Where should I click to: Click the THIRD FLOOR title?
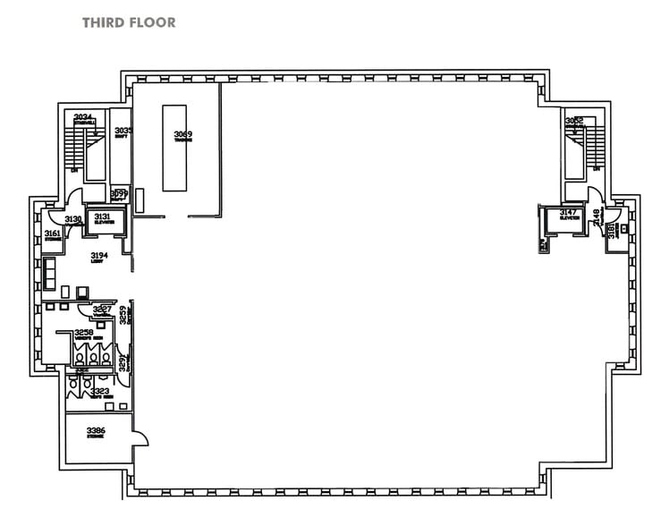(x=129, y=21)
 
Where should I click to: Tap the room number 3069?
(x=182, y=135)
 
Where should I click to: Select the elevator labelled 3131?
(x=102, y=220)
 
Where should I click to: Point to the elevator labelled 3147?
(x=568, y=216)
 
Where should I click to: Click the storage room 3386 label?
(x=97, y=433)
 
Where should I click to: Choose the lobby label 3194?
(x=99, y=257)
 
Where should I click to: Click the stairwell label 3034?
(x=83, y=118)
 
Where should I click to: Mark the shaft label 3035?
(x=123, y=131)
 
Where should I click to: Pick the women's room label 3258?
(x=84, y=333)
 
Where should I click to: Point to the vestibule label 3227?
(x=102, y=310)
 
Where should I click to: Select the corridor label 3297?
(x=124, y=362)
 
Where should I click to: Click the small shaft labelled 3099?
(x=119, y=193)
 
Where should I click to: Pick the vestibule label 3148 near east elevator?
(x=596, y=215)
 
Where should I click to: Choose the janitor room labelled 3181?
(x=612, y=232)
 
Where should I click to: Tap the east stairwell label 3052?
(x=574, y=121)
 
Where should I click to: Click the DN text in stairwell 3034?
(x=72, y=169)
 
